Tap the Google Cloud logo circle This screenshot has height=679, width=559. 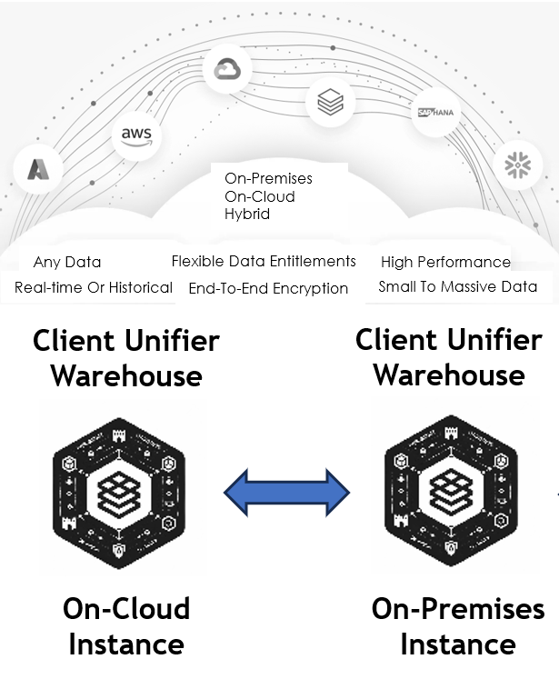click(x=226, y=69)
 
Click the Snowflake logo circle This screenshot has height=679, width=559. click(x=516, y=164)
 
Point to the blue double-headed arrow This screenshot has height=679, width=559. click(x=286, y=493)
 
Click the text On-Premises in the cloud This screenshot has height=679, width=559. click(x=268, y=178)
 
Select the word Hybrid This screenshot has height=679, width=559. click(x=247, y=215)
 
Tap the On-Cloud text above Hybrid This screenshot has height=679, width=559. click(x=260, y=196)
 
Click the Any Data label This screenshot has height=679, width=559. click(x=67, y=263)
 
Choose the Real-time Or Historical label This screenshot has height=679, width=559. click(x=94, y=287)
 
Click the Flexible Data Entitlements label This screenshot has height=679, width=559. click(x=264, y=262)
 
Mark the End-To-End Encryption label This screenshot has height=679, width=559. click(x=268, y=289)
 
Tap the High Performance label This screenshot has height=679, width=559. click(x=445, y=262)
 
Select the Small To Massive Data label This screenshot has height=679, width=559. click(x=457, y=287)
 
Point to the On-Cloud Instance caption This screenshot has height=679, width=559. click(x=126, y=626)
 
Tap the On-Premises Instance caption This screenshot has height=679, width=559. click(x=458, y=626)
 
